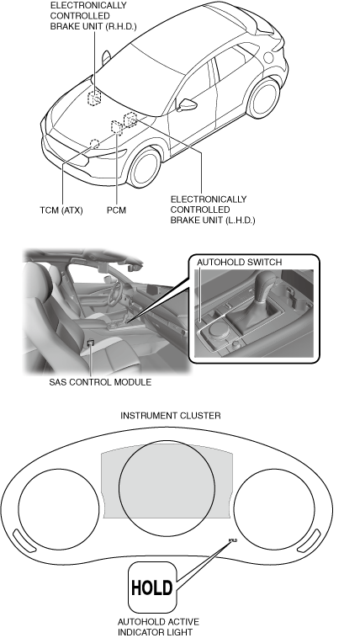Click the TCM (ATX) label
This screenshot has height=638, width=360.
pos(61,210)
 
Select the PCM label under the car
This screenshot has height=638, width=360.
pos(116,210)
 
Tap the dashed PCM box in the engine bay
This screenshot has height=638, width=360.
pos(117,127)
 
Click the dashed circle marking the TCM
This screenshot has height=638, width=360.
pos(94,144)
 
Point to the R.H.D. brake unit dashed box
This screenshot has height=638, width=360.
pos(94,98)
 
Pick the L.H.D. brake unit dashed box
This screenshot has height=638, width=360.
pos(130,120)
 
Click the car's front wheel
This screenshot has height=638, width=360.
pos(145,167)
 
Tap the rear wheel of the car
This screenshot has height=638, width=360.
pos(263,98)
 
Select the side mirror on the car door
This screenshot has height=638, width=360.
pos(187,104)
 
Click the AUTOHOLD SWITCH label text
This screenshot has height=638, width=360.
pos(239,263)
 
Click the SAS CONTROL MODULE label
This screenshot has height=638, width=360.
pos(100,382)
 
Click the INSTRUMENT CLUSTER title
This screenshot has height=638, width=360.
pos(171,416)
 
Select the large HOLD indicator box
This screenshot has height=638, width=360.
pos(152,587)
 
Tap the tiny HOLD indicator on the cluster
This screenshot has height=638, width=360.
pos(233,540)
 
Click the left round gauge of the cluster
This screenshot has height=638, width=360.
pos(59,509)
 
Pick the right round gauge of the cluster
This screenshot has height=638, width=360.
pos(274,509)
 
